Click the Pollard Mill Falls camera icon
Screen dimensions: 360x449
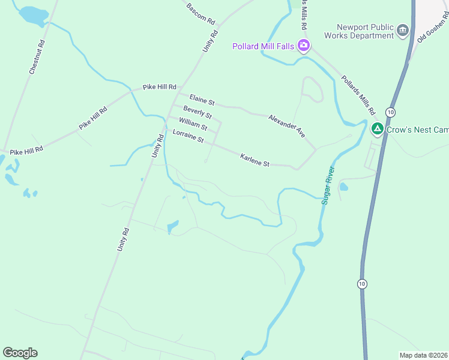point(304,46)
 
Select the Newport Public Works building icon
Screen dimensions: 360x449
point(403,30)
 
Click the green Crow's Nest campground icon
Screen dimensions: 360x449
point(378,128)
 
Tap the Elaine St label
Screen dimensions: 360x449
point(202,99)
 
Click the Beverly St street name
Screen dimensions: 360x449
point(197,112)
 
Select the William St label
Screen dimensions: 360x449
point(193,124)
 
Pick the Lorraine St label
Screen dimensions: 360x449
point(188,136)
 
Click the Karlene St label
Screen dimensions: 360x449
point(255,160)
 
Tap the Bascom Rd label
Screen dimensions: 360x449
point(200,13)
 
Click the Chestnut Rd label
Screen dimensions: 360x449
point(37,58)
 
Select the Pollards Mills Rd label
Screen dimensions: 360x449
point(358,95)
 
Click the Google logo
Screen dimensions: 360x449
point(20,353)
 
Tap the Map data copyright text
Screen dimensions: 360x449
point(423,355)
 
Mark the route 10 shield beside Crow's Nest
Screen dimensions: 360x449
point(391,112)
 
